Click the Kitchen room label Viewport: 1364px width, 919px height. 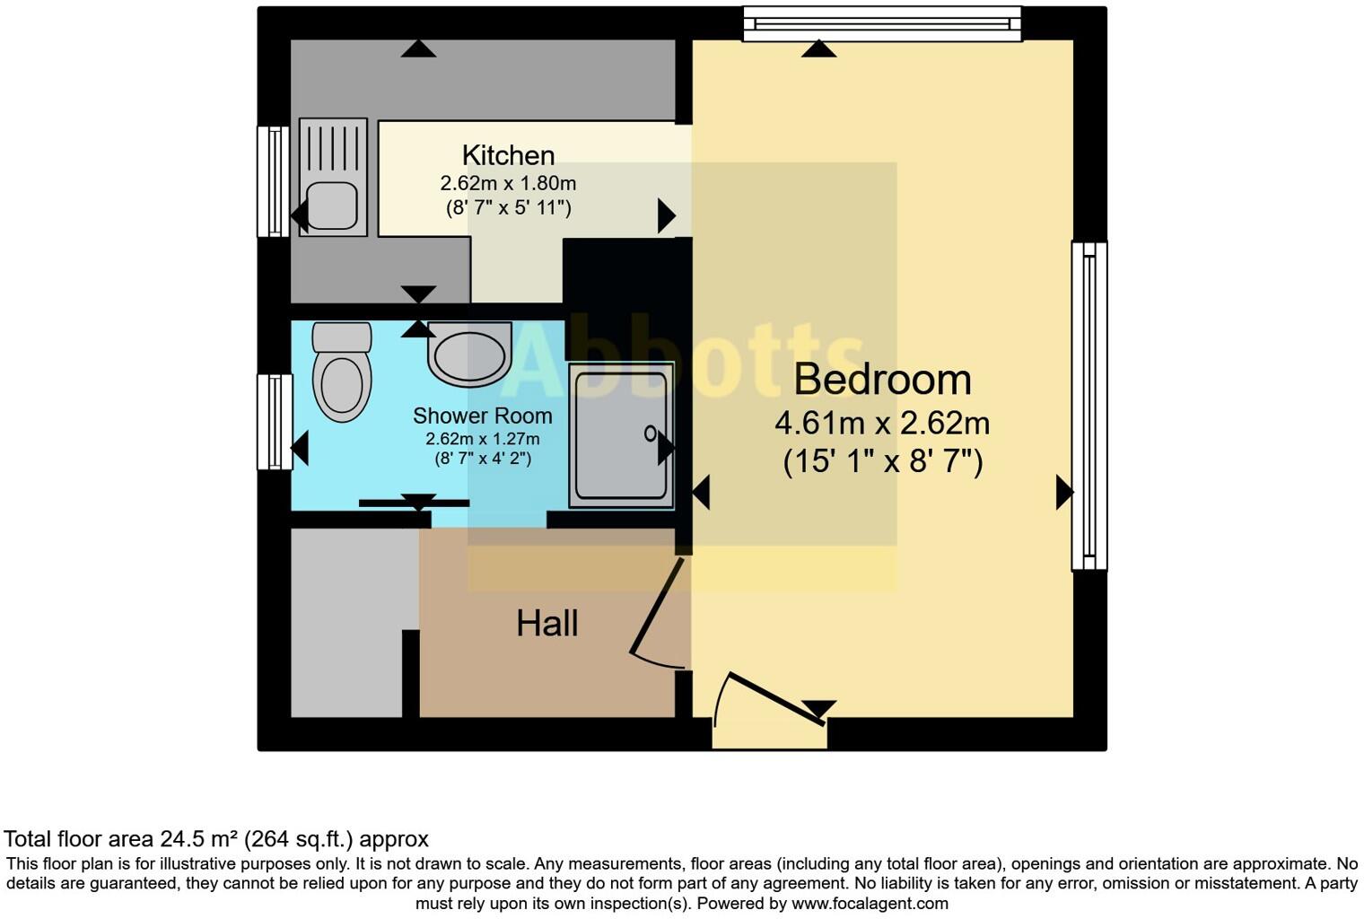[x=508, y=155]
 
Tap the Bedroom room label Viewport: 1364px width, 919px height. [x=882, y=380]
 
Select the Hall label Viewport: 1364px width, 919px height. [x=546, y=624]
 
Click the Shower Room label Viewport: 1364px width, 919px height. [x=482, y=416]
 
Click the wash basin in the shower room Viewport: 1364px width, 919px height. [x=469, y=354]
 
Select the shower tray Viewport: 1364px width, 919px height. [x=620, y=435]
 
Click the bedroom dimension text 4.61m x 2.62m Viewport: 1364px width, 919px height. [x=882, y=423]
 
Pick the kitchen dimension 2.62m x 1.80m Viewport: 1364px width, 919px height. [x=508, y=184]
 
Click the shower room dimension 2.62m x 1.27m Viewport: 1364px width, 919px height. [x=482, y=440]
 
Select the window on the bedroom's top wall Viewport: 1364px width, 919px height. [x=882, y=24]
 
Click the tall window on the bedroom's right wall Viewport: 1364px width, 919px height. [x=1089, y=406]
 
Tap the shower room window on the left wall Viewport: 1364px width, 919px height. [x=274, y=422]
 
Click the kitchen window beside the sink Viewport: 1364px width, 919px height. [x=273, y=181]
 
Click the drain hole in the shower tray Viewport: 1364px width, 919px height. [x=650, y=434]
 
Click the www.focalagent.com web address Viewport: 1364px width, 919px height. [x=869, y=904]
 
